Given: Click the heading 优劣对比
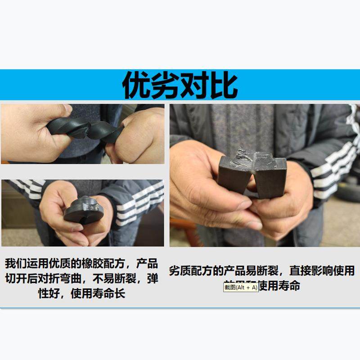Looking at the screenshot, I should pyautogui.click(x=180, y=85).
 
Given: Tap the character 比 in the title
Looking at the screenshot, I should pyautogui.click(x=224, y=85).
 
